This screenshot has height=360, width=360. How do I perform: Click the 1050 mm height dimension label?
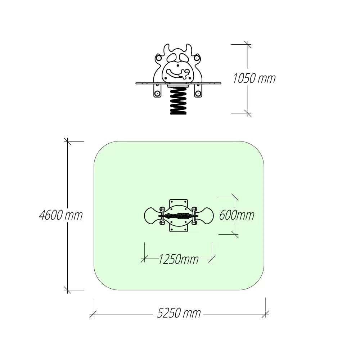click(254, 78)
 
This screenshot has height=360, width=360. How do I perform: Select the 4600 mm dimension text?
click(61, 215)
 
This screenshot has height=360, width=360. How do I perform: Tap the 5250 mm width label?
click(179, 313)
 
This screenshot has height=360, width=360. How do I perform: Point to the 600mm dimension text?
click(237, 215)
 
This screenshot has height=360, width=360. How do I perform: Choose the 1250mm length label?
click(179, 260)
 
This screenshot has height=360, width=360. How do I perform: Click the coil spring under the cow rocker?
click(178, 100)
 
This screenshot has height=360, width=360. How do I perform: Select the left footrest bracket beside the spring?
click(157, 90)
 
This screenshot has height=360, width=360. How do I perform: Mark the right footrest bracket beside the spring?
click(198, 90)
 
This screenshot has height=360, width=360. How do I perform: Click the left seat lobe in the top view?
click(152, 216)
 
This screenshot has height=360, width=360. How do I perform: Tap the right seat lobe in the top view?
click(205, 216)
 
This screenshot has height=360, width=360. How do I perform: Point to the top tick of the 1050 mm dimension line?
click(248, 44)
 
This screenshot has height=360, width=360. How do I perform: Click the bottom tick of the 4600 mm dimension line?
click(68, 290)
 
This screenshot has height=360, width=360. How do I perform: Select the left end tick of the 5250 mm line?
click(93, 314)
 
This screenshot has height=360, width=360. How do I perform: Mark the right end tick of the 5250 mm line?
click(265, 314)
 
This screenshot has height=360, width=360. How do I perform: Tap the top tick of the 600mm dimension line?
click(235, 197)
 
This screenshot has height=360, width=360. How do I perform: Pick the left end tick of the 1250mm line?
click(144, 259)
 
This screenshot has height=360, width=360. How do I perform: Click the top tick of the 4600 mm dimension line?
click(68, 141)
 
